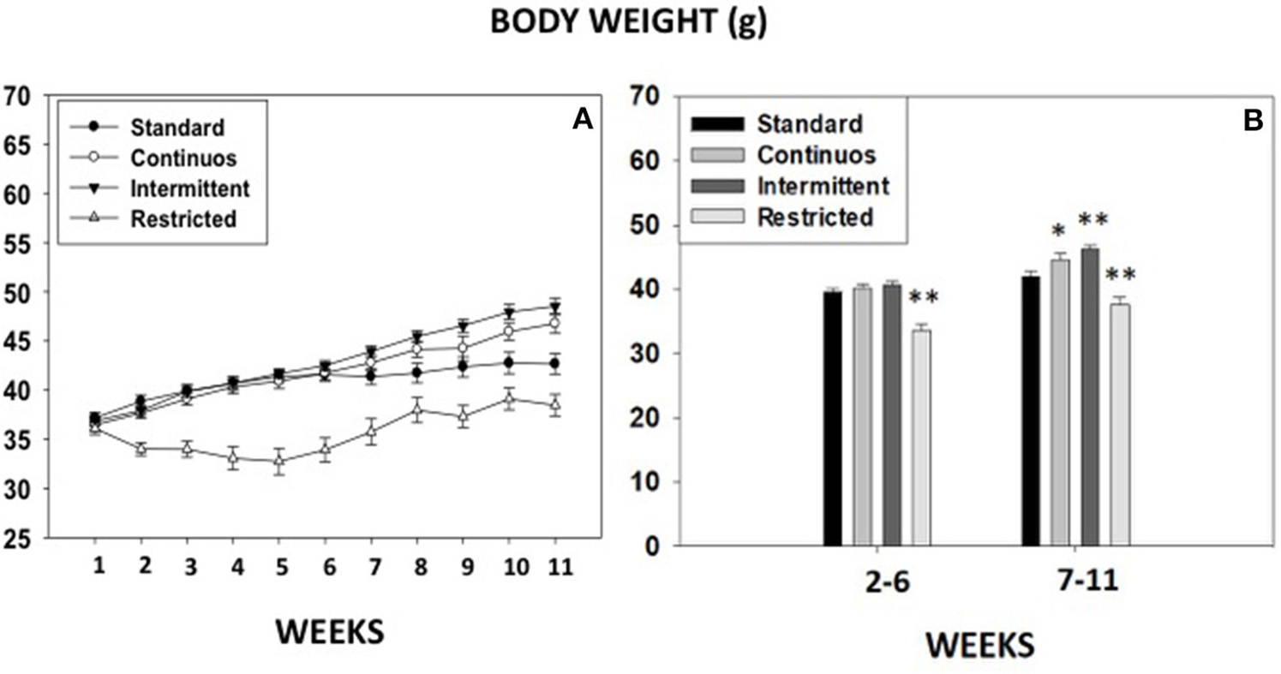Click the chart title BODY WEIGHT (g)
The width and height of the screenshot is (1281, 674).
[628, 24]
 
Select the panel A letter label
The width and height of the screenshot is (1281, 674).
[583, 122]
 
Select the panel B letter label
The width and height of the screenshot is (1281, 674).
[1252, 122]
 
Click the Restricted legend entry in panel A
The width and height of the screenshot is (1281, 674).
[183, 218]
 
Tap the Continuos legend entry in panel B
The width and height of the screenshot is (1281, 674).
[816, 155]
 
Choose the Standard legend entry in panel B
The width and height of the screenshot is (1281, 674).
[810, 124]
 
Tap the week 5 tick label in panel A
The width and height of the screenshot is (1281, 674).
[278, 567]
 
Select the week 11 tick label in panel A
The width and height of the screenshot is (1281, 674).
[555, 567]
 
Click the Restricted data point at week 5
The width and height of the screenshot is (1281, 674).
[278, 461]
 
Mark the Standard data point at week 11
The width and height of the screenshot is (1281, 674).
[555, 364]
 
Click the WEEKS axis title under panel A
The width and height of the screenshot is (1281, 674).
[329, 632]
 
